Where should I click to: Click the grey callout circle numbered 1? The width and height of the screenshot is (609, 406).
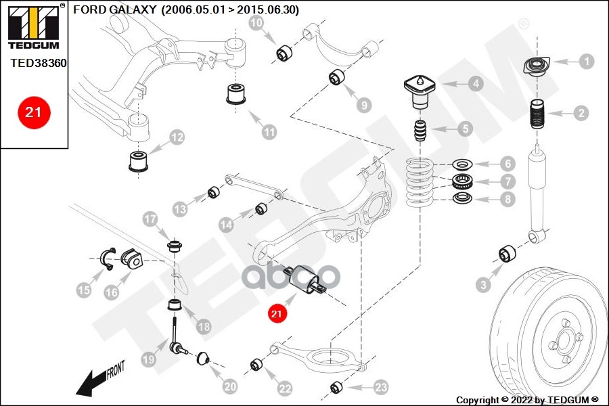[586, 61]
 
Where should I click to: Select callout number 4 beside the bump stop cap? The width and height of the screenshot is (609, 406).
[476, 85]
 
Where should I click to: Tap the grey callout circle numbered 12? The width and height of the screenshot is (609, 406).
[177, 138]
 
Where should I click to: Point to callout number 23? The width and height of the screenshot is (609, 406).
[381, 387]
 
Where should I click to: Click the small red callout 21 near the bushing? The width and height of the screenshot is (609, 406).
[276, 313]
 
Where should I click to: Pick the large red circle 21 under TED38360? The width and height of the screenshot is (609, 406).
[33, 112]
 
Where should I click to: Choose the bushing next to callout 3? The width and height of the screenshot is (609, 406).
[507, 254]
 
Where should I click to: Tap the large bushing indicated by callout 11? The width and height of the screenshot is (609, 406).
[236, 94]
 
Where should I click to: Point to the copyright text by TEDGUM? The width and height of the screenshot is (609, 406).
[527, 400]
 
